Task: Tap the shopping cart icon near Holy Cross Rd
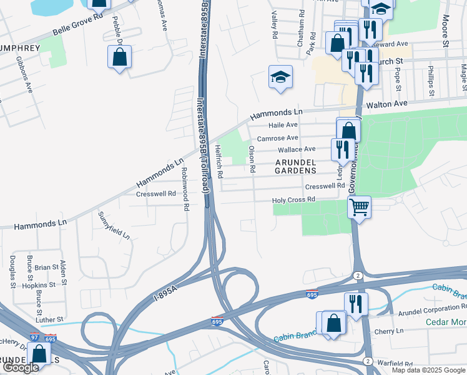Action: (x=360, y=206)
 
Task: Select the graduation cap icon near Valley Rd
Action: (x=280, y=77)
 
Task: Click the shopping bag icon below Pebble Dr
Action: (x=119, y=57)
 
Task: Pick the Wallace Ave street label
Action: (x=297, y=149)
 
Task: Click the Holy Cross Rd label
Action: (x=293, y=200)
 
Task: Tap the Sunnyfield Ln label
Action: (x=114, y=226)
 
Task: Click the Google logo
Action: (x=21, y=368)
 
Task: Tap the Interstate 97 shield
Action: (x=51, y=338)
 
